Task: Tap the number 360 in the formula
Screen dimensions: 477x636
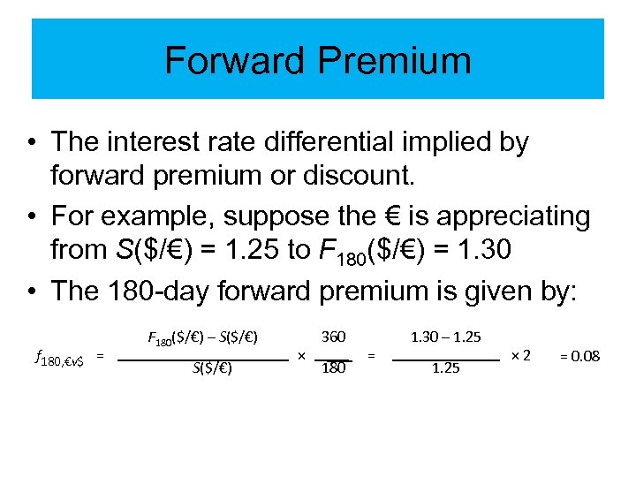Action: click(x=333, y=337)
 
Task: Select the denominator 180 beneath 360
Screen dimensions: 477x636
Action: click(x=333, y=369)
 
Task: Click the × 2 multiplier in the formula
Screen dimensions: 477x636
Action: click(x=520, y=355)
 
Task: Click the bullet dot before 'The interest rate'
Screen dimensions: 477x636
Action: click(x=31, y=141)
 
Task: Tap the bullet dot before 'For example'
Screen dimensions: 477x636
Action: click(x=31, y=215)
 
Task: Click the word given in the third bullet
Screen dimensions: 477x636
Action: click(x=499, y=289)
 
